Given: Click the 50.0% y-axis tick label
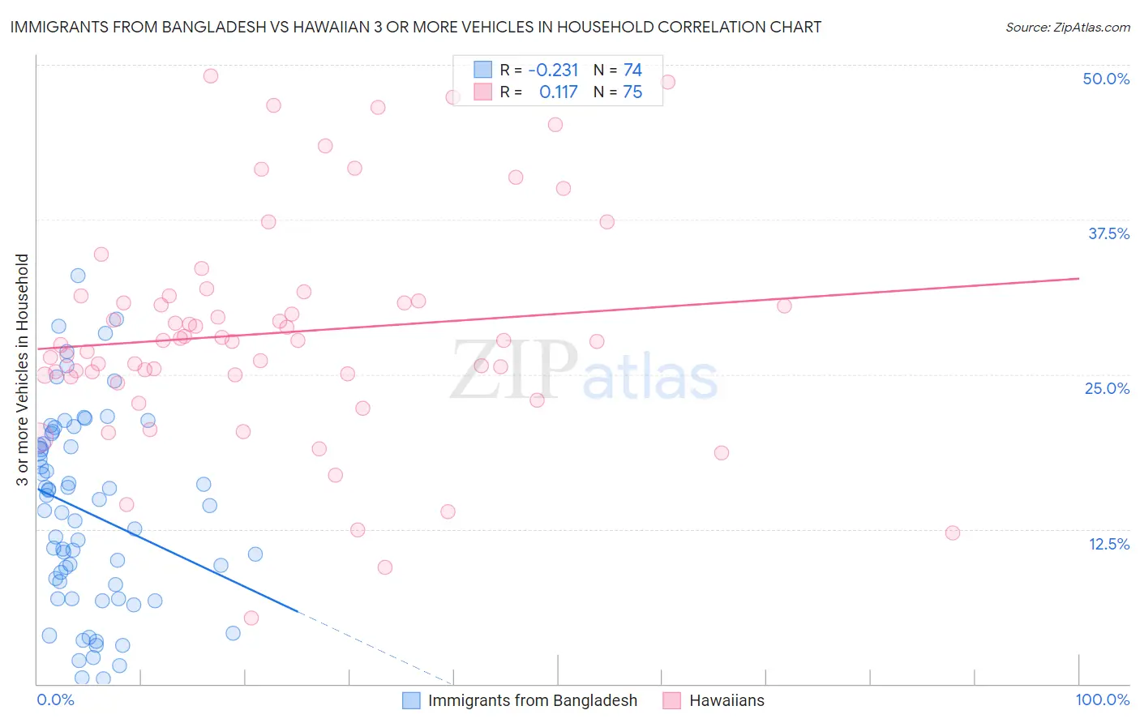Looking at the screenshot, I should pos(1106,79).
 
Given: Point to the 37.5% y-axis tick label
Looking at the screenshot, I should pos(1108,233).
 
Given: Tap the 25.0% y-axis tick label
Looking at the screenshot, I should pos(1107,388).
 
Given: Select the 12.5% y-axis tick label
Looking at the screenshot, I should pos(1108,544).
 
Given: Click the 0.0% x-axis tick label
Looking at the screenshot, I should pos(55,699).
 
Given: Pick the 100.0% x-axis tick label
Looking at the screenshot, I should pos(1102,699).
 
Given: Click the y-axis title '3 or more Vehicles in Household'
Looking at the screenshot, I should pos(22,370).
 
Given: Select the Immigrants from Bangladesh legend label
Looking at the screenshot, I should pos(532,700).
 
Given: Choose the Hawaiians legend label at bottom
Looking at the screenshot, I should pos(726,700).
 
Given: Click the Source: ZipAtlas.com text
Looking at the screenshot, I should pos(1067,27).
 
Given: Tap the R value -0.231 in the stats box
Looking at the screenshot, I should pos(553,70).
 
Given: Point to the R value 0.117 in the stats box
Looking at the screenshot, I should pos(558,92).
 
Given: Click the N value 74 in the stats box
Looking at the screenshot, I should pos(632,70).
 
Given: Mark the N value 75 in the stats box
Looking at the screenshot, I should pos(632,92).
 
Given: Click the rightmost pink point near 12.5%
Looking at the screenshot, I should pos(953,533).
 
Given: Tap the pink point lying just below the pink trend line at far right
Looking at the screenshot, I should pos(784,306).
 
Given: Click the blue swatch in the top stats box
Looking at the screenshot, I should pos(483,70).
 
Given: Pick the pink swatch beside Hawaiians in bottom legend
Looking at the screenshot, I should pos(671,700).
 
